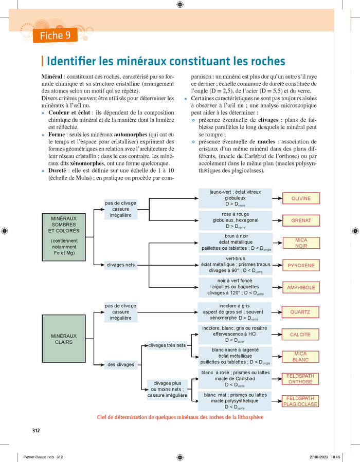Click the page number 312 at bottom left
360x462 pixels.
coord(35,430)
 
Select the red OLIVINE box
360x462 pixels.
coord(301,198)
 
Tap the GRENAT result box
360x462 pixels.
coord(301,220)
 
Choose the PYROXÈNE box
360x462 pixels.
coord(301,266)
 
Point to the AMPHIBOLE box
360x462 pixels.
coord(301,288)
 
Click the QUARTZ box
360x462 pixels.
coord(300,312)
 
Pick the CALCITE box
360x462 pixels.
coord(300,335)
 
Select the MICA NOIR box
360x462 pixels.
coord(301,243)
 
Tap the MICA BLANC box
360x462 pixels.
coord(300,357)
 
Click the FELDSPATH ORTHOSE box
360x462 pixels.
coord(300,379)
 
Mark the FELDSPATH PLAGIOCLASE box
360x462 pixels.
coord(300,401)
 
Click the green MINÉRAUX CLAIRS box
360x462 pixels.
coord(63,339)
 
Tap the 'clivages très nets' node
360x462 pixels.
coord(167,345)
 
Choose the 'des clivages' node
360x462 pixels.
coord(121,365)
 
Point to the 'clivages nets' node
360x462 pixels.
coord(121,265)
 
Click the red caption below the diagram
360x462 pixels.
coord(180,417)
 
